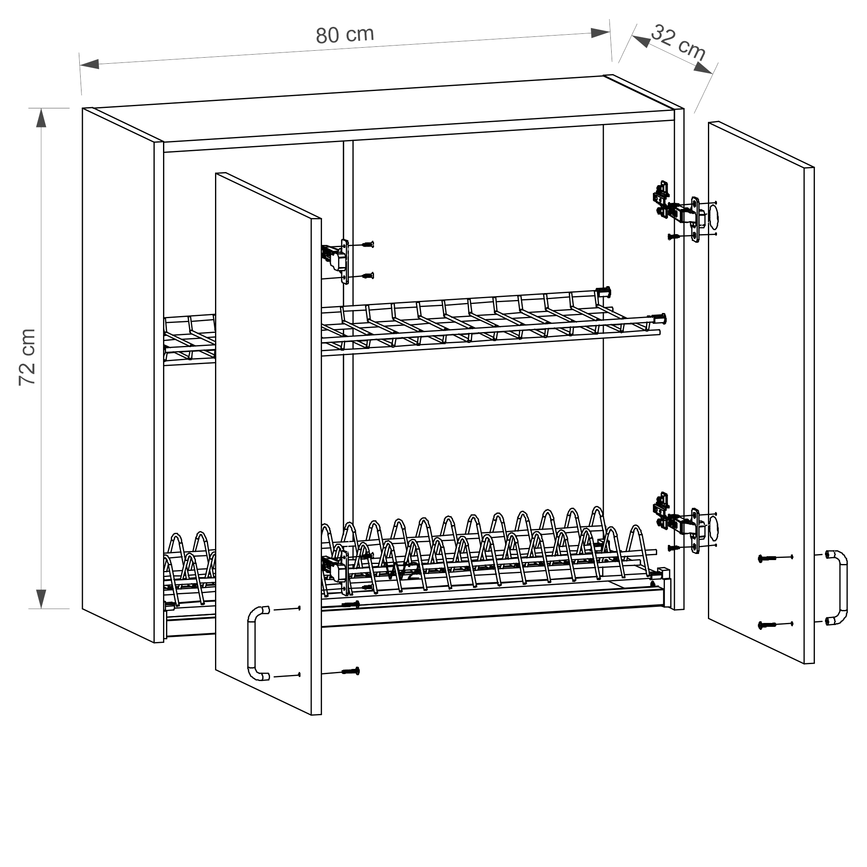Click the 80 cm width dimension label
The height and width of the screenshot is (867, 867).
tap(345, 35)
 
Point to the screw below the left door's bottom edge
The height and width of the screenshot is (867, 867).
tap(351, 671)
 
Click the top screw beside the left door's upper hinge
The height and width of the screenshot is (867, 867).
tap(368, 244)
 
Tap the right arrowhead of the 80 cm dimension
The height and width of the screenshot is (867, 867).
tap(600, 33)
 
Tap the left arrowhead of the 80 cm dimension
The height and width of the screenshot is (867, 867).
tap(90, 64)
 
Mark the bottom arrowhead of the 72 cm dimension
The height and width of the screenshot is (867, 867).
tap(41, 599)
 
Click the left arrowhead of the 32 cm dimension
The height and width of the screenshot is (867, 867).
tap(641, 41)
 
